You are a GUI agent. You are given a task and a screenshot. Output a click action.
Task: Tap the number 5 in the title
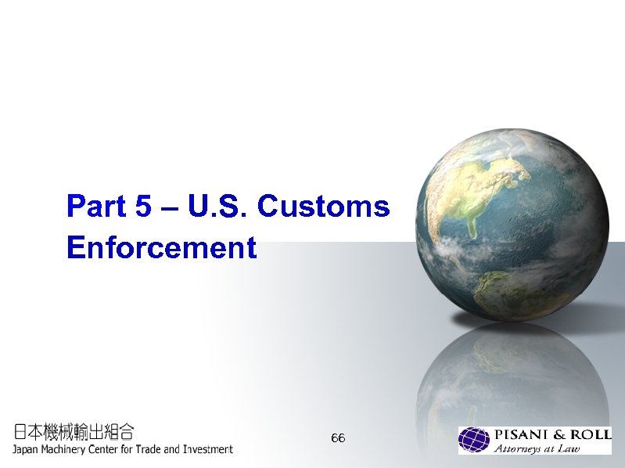coord(144,207)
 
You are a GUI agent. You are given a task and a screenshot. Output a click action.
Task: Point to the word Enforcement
coord(161,247)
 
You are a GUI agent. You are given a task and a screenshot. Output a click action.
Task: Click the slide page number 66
coord(338,437)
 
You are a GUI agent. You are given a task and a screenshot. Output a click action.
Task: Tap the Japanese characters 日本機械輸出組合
coord(74,431)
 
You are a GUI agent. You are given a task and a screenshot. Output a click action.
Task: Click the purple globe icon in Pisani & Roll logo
coord(474,441)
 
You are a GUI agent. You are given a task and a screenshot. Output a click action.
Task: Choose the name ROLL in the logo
coord(589,435)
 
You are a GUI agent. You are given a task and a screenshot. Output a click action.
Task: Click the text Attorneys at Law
coord(537,448)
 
